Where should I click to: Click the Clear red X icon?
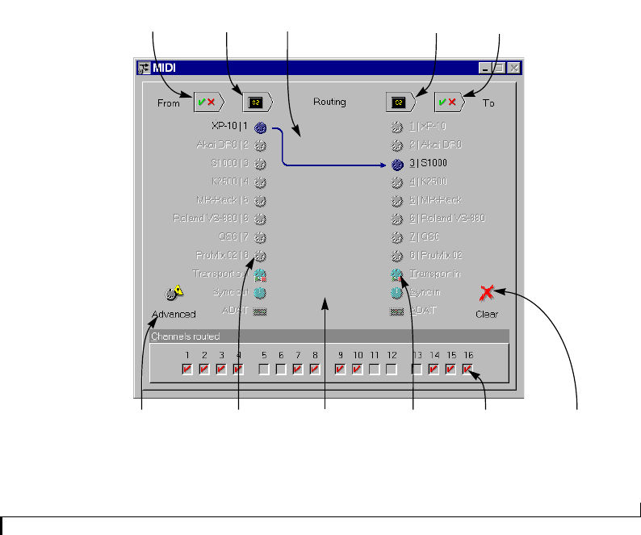point(486,295)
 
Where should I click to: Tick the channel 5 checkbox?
point(264,370)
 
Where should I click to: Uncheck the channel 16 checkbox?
point(468,370)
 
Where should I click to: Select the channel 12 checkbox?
point(392,370)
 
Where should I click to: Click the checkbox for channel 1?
point(187,370)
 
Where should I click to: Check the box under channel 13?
point(417,370)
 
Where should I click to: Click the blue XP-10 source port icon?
point(260,127)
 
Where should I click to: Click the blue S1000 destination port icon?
point(396,164)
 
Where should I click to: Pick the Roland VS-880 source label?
point(212,219)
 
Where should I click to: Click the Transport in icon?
point(396,274)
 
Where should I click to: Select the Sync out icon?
point(260,292)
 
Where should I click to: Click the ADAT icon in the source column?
point(260,311)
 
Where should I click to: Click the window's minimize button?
point(485,68)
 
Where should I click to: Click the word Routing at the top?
point(329,102)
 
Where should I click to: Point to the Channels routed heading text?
point(185,336)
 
